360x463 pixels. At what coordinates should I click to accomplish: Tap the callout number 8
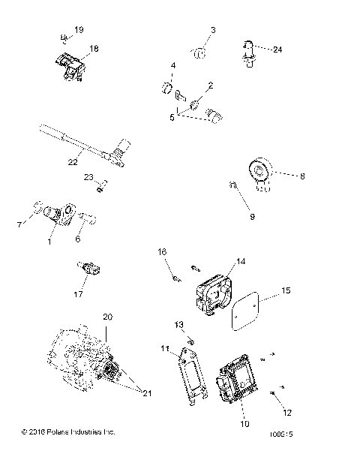click(281, 177)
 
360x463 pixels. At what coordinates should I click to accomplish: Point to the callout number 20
click(107, 318)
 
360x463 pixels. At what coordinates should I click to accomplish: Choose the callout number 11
click(163, 349)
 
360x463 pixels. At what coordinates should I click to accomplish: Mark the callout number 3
click(212, 29)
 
